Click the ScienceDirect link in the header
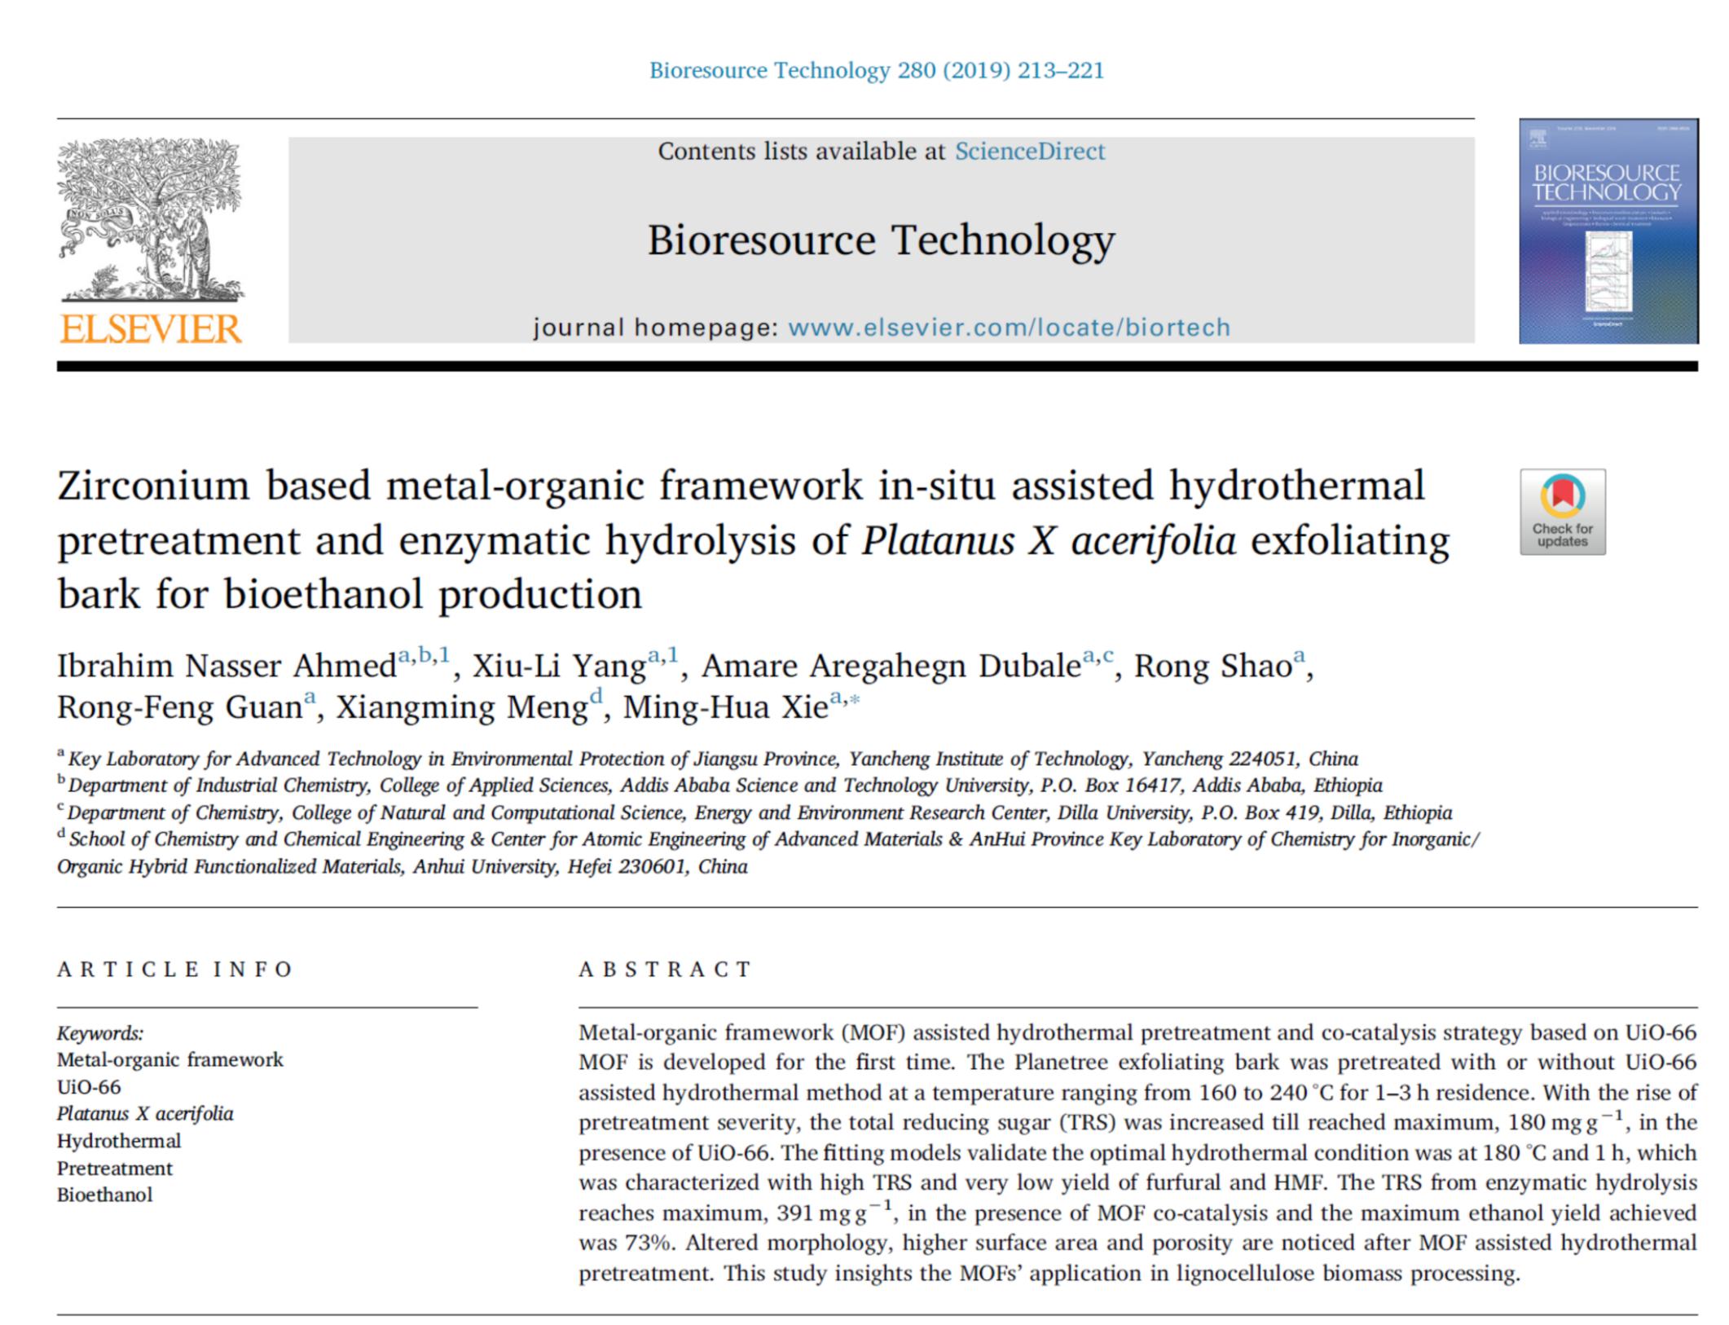(1029, 152)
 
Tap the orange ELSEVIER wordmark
(152, 329)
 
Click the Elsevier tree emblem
(151, 220)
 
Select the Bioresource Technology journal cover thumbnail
(1608, 231)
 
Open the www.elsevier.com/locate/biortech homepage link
(1009, 328)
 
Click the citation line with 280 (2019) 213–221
(876, 71)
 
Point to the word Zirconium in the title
(153, 486)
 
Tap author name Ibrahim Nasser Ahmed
(227, 667)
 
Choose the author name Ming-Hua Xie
(725, 707)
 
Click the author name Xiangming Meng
(461, 707)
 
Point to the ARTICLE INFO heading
(174, 969)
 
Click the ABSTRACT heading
(665, 969)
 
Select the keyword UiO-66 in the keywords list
(89, 1087)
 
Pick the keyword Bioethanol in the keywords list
(105, 1195)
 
